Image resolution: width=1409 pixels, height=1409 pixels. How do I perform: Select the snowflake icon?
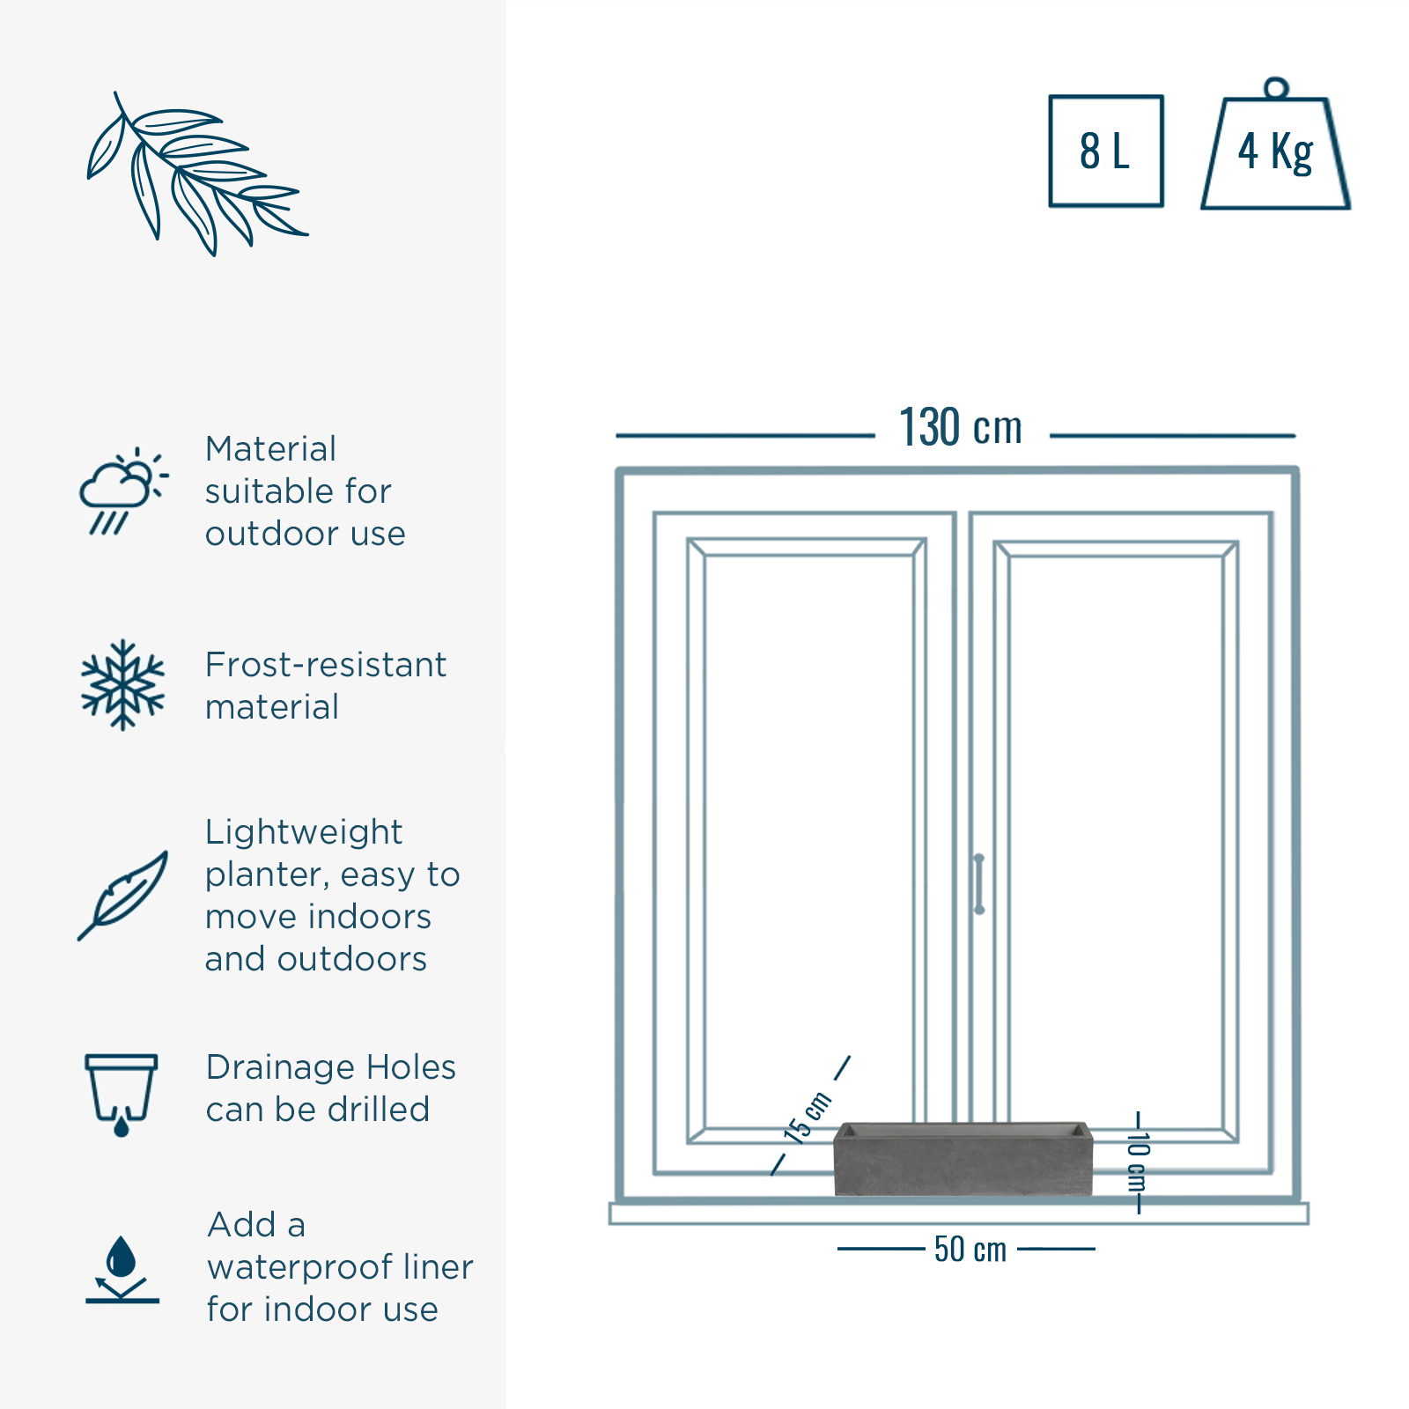(x=122, y=685)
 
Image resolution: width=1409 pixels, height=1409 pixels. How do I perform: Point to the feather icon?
(x=122, y=895)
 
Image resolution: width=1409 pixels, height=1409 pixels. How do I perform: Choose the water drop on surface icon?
(x=122, y=1269)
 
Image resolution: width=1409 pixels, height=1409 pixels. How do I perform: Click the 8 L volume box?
(x=1106, y=151)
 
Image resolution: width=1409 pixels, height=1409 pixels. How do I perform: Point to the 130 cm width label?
(x=961, y=428)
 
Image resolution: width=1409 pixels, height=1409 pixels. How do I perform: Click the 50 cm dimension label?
(x=970, y=1249)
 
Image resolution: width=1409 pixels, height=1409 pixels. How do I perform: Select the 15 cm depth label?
(x=808, y=1118)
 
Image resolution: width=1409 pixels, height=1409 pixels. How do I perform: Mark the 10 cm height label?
(x=1138, y=1162)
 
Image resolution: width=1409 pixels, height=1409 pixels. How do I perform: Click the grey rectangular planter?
(x=963, y=1159)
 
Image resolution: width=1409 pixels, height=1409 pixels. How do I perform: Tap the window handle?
(x=978, y=883)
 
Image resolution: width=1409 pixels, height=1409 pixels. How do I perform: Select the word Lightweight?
(x=304, y=832)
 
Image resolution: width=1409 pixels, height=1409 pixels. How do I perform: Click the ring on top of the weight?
(x=1275, y=88)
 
